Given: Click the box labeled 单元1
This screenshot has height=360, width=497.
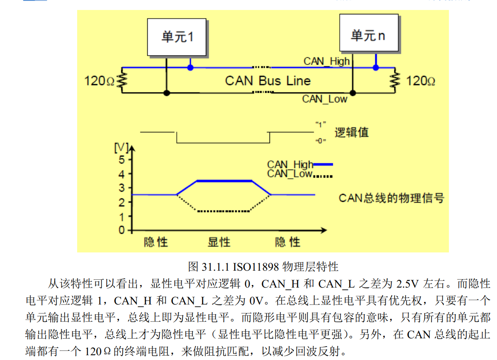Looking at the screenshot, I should tap(177, 37).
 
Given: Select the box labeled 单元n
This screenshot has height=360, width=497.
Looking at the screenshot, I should tap(367, 35).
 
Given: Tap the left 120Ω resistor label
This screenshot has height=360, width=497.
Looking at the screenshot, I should tap(99, 81).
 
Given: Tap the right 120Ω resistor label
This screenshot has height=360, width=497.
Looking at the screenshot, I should tap(420, 81).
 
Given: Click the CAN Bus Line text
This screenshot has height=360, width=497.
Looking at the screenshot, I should tap(268, 81).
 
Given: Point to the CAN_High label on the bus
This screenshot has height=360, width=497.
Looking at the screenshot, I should tap(326, 61).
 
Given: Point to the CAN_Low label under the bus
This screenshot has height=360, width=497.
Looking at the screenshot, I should tap(325, 99).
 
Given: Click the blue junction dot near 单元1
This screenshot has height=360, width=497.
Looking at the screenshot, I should tap(190, 68).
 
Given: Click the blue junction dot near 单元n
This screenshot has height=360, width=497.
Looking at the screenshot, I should tap(376, 68).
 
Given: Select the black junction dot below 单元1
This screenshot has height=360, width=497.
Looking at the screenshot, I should tap(166, 93).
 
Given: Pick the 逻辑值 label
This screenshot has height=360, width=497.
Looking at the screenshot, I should tap(351, 132).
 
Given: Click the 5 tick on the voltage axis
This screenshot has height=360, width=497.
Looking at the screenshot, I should tap(122, 160).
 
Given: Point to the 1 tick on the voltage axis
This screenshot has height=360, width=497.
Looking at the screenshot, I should tap(122, 216).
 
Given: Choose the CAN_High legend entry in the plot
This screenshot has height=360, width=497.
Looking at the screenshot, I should tap(299, 164).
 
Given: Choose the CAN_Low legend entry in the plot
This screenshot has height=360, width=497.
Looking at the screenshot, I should tap(299, 174).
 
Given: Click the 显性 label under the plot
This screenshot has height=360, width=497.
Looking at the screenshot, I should tap(219, 242).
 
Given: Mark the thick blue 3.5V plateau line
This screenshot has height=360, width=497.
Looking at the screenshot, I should tap(224, 181).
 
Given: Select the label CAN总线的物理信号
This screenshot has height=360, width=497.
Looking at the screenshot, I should tap(391, 198).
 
